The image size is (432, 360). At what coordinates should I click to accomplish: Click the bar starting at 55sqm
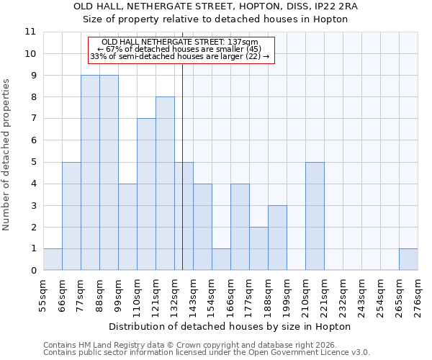pyautogui.click(x=53, y=259)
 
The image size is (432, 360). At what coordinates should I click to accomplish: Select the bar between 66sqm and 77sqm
pyautogui.click(x=71, y=216)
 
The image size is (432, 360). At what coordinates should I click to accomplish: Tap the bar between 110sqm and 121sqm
pyautogui.click(x=146, y=194)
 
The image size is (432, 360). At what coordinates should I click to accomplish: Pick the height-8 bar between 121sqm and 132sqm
pyautogui.click(x=165, y=184)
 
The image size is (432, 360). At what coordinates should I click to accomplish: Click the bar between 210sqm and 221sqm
pyautogui.click(x=315, y=216)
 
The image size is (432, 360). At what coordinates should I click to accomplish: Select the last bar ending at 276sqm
pyautogui.click(x=408, y=259)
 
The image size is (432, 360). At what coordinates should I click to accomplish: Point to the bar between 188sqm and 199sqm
pyautogui.click(x=277, y=238)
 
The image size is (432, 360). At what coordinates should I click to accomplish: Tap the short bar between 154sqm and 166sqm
pyautogui.click(x=221, y=259)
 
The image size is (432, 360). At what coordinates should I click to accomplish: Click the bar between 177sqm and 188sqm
pyautogui.click(x=258, y=248)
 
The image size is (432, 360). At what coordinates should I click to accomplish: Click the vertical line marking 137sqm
pyautogui.click(x=182, y=144)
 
